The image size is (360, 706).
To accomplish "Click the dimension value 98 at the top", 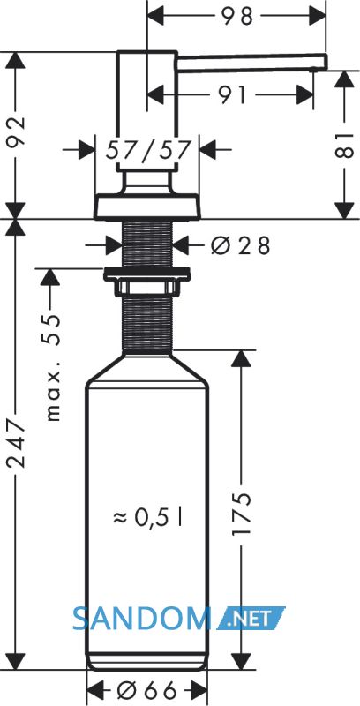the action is (x=236, y=17).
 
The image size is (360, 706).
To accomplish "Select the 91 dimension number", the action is (x=233, y=95).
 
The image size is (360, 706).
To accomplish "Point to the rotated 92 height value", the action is (x=17, y=133).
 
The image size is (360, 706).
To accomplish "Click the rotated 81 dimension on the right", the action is (x=345, y=146).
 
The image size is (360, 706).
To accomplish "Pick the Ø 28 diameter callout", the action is (x=241, y=245).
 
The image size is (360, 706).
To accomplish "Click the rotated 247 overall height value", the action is (x=17, y=444).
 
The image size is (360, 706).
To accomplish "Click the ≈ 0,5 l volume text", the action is (x=147, y=518).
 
